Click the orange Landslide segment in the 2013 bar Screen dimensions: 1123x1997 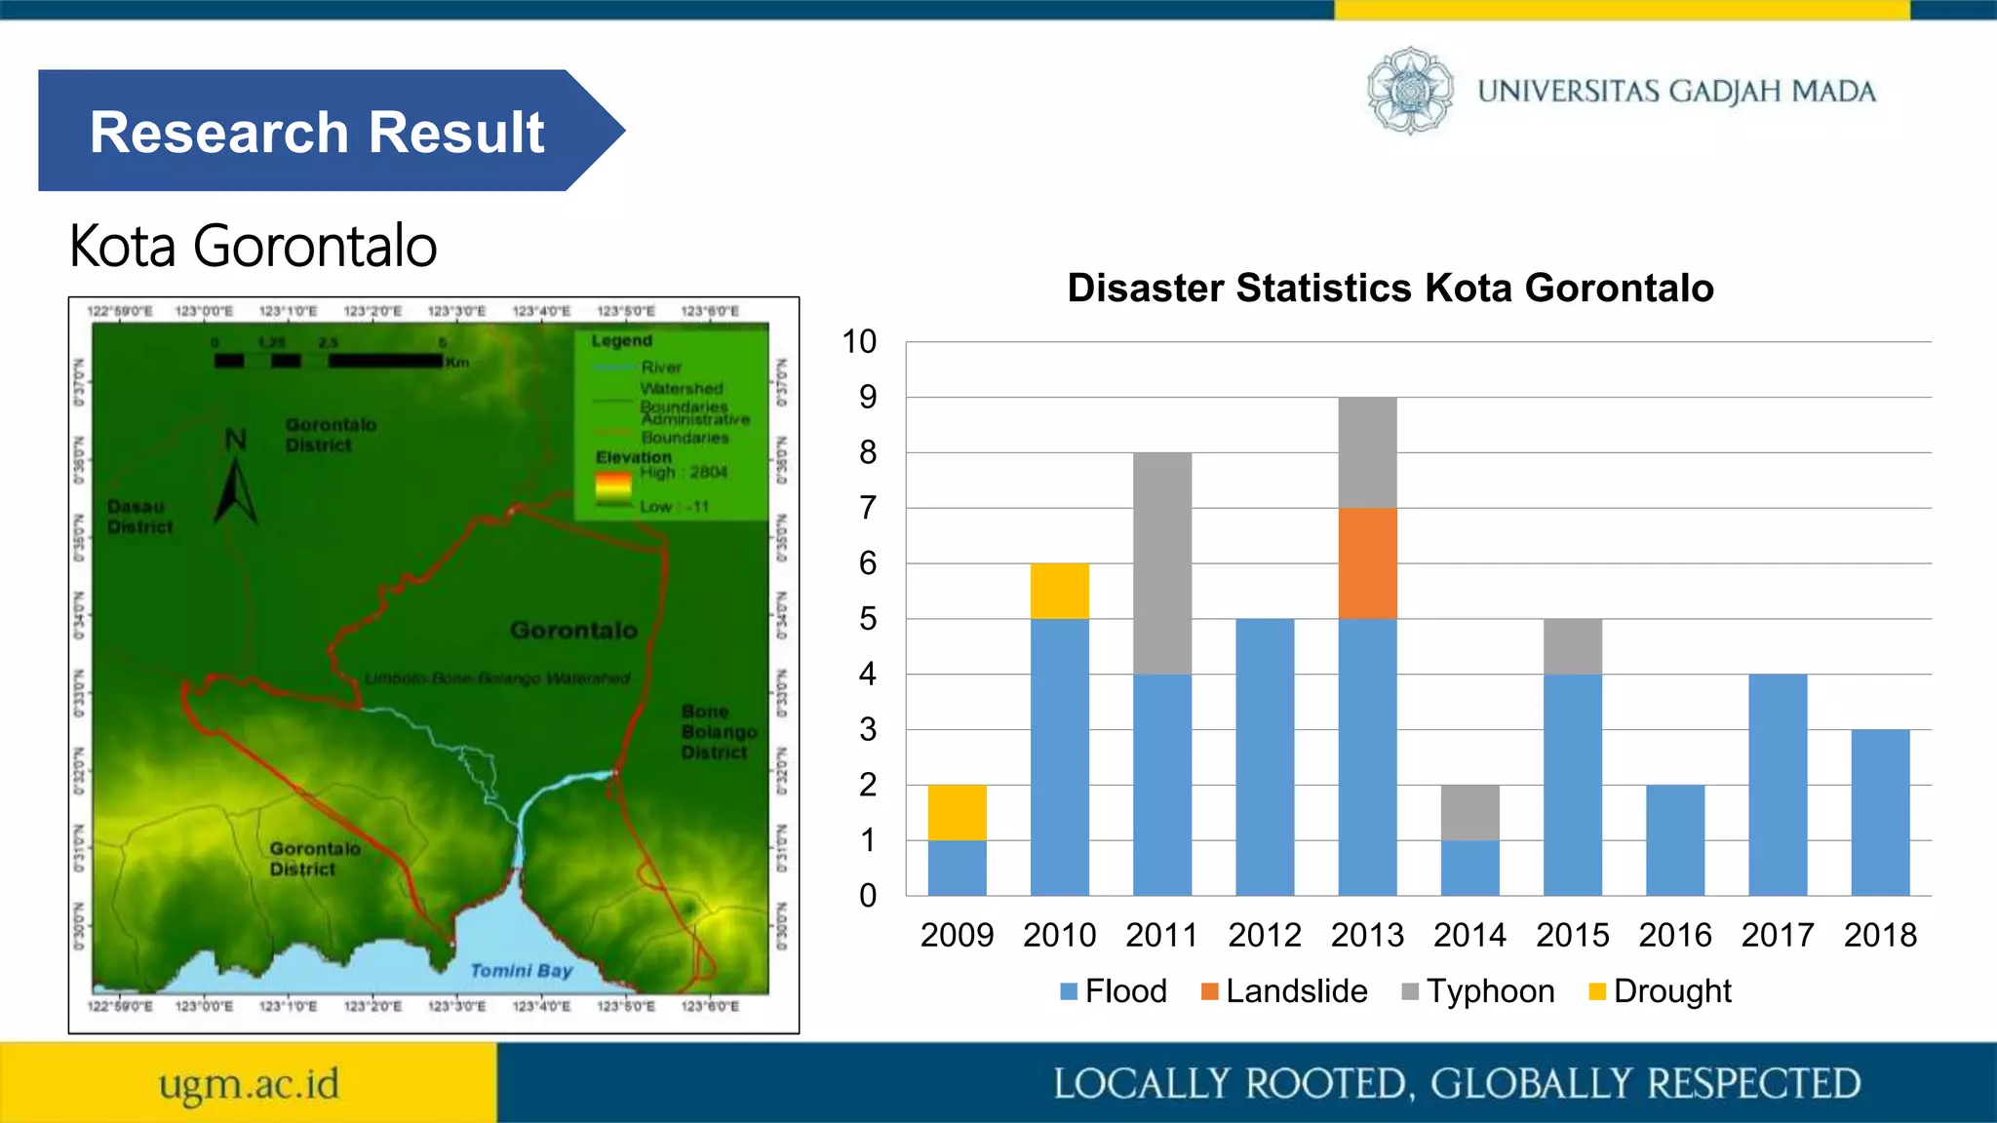pyautogui.click(x=1367, y=562)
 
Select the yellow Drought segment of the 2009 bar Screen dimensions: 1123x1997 pyautogui.click(x=957, y=812)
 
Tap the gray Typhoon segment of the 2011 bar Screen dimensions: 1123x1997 pyautogui.click(x=1161, y=562)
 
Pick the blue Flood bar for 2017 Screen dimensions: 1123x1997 pyautogui.click(x=1778, y=785)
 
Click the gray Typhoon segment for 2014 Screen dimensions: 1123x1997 pyautogui.click(x=1469, y=812)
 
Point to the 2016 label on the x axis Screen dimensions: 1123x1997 pyautogui.click(x=1674, y=935)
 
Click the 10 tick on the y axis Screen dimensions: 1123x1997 pyautogui.click(x=859, y=341)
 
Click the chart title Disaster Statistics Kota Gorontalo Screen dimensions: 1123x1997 pyautogui.click(x=1390, y=288)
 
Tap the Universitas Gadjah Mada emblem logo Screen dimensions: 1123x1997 pyautogui.click(x=1409, y=91)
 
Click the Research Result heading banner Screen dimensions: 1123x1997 pyautogui.click(x=317, y=132)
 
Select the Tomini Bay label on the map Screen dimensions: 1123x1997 pyautogui.click(x=521, y=970)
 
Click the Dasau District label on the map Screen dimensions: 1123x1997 pyautogui.click(x=139, y=517)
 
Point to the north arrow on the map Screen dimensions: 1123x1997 pyautogui.click(x=235, y=483)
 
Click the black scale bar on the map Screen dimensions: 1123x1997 pyautogui.click(x=329, y=361)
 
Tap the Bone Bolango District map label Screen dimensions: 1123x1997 pyautogui.click(x=718, y=731)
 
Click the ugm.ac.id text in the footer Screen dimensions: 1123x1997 pyautogui.click(x=249, y=1084)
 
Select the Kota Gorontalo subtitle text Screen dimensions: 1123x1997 pyautogui.click(x=254, y=246)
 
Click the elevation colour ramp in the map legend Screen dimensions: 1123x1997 pyautogui.click(x=613, y=488)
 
